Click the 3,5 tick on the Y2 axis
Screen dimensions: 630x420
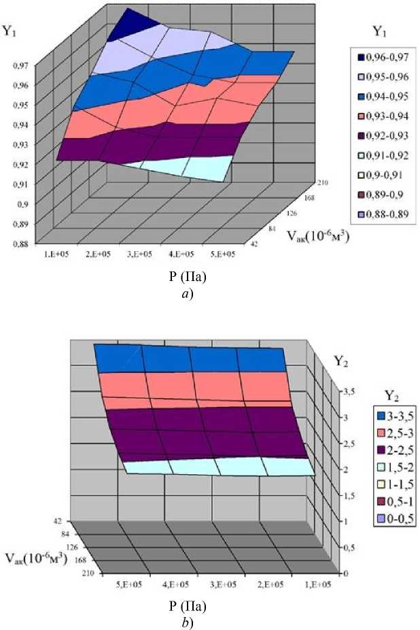349,393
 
